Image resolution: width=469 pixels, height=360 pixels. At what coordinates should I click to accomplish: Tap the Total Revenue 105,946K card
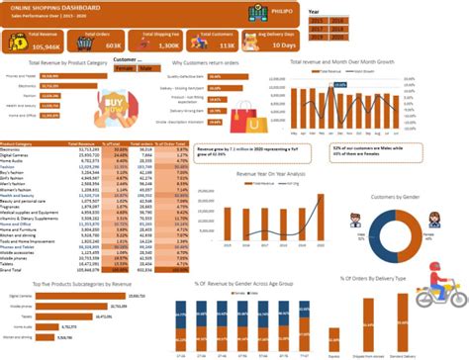click(37, 43)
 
